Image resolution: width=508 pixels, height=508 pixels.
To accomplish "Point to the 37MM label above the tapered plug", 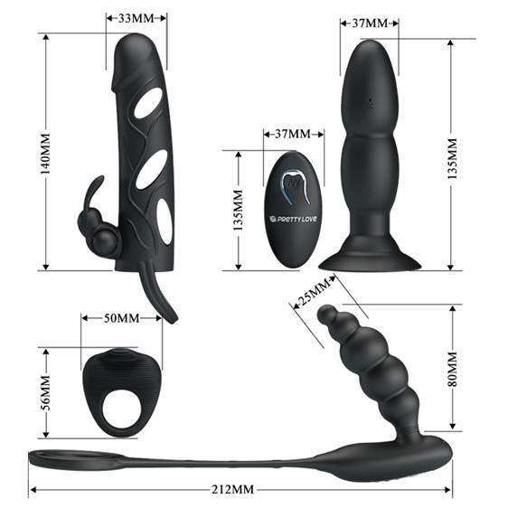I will [367, 21].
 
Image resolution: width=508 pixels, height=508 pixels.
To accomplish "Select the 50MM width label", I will [121, 318].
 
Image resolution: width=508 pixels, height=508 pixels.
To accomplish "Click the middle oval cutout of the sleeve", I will [152, 168].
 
